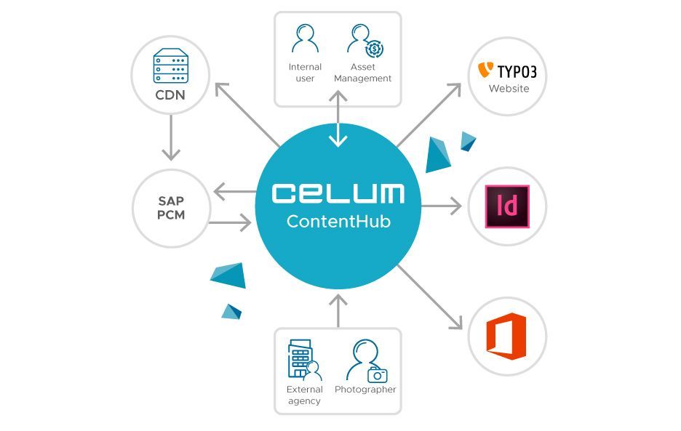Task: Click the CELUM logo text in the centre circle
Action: pos(338,193)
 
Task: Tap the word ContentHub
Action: pos(338,222)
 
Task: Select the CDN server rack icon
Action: pos(170,66)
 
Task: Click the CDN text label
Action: pos(170,95)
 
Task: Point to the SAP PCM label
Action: pos(171,208)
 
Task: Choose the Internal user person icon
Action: pos(305,40)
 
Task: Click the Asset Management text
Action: pos(363,73)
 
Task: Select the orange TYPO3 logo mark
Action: pos(485,71)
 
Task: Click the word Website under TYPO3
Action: pos(509,89)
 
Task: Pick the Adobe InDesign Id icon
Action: pos(507,206)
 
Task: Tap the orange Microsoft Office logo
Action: pos(506,336)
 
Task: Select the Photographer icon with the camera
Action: pos(365,361)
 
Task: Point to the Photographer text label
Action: pos(365,390)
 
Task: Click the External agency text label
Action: pos(304,395)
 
